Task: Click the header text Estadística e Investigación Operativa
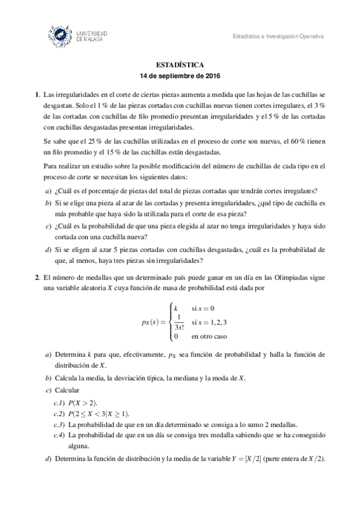tap(278, 37)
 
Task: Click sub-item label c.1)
tap(59, 402)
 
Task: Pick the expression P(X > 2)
tap(84, 402)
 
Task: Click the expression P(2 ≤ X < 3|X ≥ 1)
tap(99, 414)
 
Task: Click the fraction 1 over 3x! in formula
tap(178, 323)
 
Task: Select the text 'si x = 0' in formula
tap(203, 309)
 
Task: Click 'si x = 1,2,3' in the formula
tap(209, 323)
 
